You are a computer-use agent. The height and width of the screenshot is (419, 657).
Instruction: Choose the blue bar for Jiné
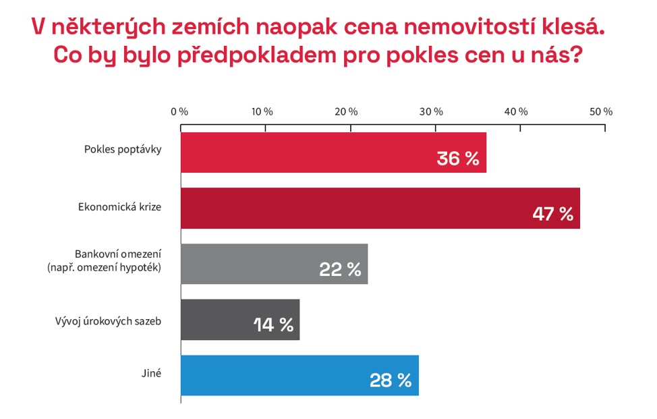tap(283, 375)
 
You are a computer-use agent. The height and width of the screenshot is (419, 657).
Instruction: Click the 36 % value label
tap(457, 159)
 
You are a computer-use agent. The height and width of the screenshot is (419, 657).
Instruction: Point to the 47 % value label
tap(552, 215)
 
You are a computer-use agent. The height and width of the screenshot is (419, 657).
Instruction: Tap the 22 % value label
tap(340, 270)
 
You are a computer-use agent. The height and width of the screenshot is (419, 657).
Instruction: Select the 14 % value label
tap(273, 325)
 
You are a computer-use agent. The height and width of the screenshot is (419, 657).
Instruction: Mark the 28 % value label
tap(391, 381)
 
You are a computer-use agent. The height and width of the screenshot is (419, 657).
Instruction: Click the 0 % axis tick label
tap(179, 111)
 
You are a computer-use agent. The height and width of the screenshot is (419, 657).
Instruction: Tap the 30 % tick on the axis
tap(434, 111)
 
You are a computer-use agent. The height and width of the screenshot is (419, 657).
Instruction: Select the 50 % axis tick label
tap(602, 111)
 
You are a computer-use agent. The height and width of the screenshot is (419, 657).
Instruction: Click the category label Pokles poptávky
tap(123, 150)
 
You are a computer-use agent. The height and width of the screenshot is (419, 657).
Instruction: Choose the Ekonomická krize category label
tap(119, 206)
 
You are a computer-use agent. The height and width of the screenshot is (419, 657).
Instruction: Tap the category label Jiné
tap(152, 372)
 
